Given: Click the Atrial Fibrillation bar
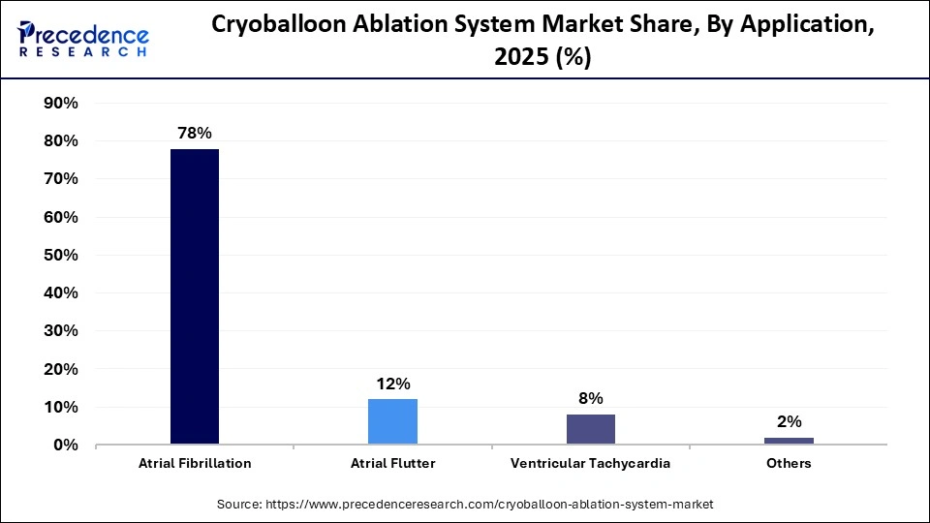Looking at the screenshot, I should [x=195, y=296].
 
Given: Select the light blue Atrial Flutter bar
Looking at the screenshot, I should [x=392, y=421].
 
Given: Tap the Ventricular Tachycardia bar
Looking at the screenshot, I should [x=591, y=429].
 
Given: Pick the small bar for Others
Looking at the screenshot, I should [x=789, y=441].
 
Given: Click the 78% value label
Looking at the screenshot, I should [x=195, y=134].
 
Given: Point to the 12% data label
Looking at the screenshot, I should [x=392, y=384].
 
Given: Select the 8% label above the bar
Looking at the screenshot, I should [x=591, y=398].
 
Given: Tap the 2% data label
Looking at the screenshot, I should [x=789, y=421].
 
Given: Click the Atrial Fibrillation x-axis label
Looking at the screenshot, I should [x=195, y=464].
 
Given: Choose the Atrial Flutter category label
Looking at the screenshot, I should [x=392, y=464].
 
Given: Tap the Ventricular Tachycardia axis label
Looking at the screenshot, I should [x=591, y=464].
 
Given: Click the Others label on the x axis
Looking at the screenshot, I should [x=789, y=464].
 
